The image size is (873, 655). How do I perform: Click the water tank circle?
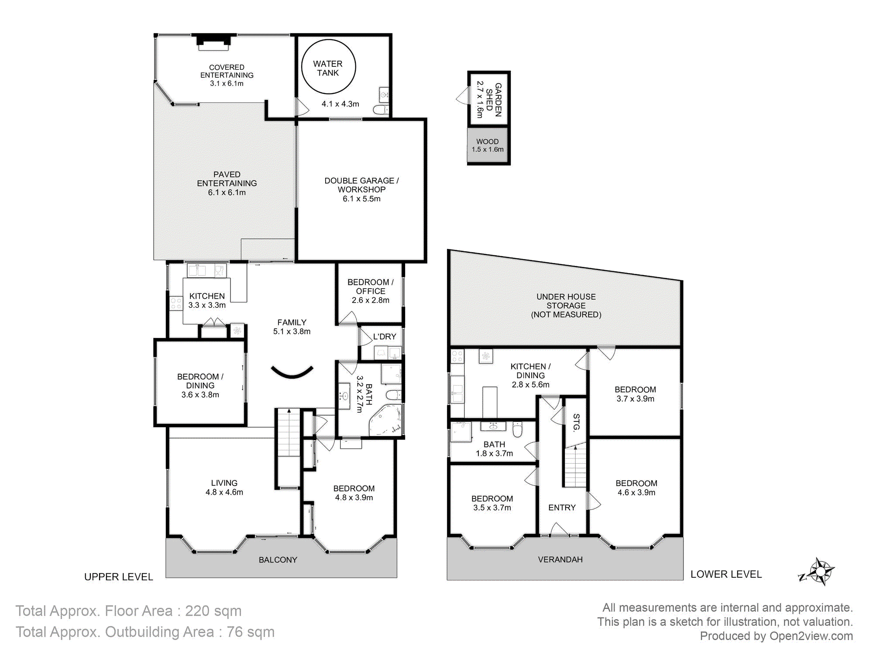(x=329, y=41)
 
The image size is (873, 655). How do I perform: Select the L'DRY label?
(x=385, y=337)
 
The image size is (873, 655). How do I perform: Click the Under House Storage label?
(x=566, y=306)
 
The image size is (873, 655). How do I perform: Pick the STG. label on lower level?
(x=577, y=422)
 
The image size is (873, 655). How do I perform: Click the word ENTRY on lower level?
(x=562, y=507)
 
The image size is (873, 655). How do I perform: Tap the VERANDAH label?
(x=560, y=559)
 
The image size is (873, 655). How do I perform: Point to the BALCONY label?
(x=278, y=560)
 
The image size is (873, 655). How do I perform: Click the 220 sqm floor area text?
(x=213, y=611)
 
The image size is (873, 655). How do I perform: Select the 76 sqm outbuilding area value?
(x=251, y=632)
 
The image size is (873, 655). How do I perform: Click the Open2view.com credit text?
(x=811, y=636)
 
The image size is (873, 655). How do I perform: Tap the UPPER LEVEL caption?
(x=119, y=577)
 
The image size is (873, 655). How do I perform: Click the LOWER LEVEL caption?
(x=726, y=574)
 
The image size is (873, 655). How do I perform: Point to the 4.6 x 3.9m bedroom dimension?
(x=636, y=493)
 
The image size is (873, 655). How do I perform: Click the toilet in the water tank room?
(x=381, y=109)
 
